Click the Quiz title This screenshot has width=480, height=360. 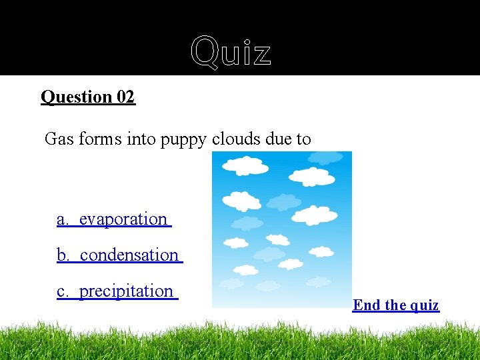[x=231, y=52]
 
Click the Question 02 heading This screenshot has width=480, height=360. [x=88, y=97]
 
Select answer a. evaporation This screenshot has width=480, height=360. [x=114, y=219]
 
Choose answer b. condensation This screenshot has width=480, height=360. [x=119, y=255]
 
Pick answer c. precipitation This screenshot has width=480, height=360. [x=117, y=291]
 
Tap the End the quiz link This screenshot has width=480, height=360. [x=395, y=305]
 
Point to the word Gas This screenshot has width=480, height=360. [x=59, y=139]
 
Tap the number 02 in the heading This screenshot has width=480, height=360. [x=125, y=97]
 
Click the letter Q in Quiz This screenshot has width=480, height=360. [x=204, y=52]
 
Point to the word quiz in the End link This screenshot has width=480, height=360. [x=425, y=305]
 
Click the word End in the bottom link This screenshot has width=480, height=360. [x=366, y=305]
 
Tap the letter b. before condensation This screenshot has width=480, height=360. [x=63, y=255]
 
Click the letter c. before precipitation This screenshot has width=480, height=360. [x=63, y=291]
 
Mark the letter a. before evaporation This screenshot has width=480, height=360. [x=63, y=219]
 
